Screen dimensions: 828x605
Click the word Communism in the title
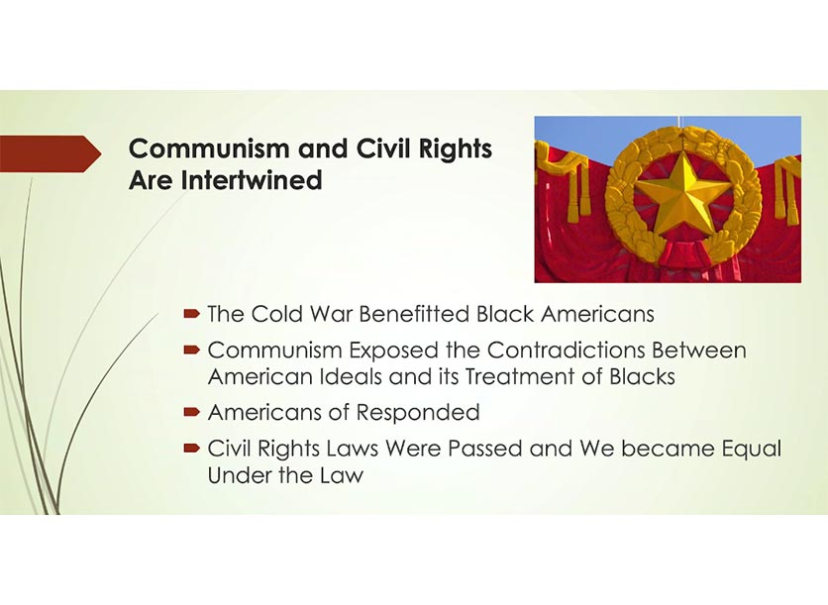[x=211, y=149]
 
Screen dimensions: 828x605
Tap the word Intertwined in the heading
[x=252, y=180]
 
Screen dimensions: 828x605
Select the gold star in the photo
[x=679, y=195]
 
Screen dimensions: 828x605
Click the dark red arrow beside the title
[x=51, y=153]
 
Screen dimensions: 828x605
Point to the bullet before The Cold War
[x=192, y=314]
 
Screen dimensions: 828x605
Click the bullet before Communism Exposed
[x=192, y=350]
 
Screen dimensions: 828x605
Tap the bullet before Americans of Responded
[x=192, y=412]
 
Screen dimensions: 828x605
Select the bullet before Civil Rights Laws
[x=192, y=449]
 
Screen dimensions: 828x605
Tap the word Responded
[x=418, y=412]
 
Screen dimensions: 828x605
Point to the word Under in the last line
[x=240, y=475]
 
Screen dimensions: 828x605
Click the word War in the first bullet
[x=331, y=314]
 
